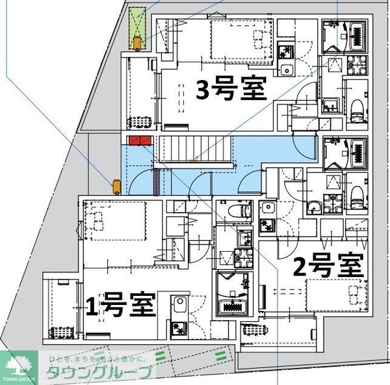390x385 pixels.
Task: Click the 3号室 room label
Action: point(232,89)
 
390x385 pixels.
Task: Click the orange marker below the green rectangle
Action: point(137,44)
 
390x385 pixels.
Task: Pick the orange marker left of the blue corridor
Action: point(116,187)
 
